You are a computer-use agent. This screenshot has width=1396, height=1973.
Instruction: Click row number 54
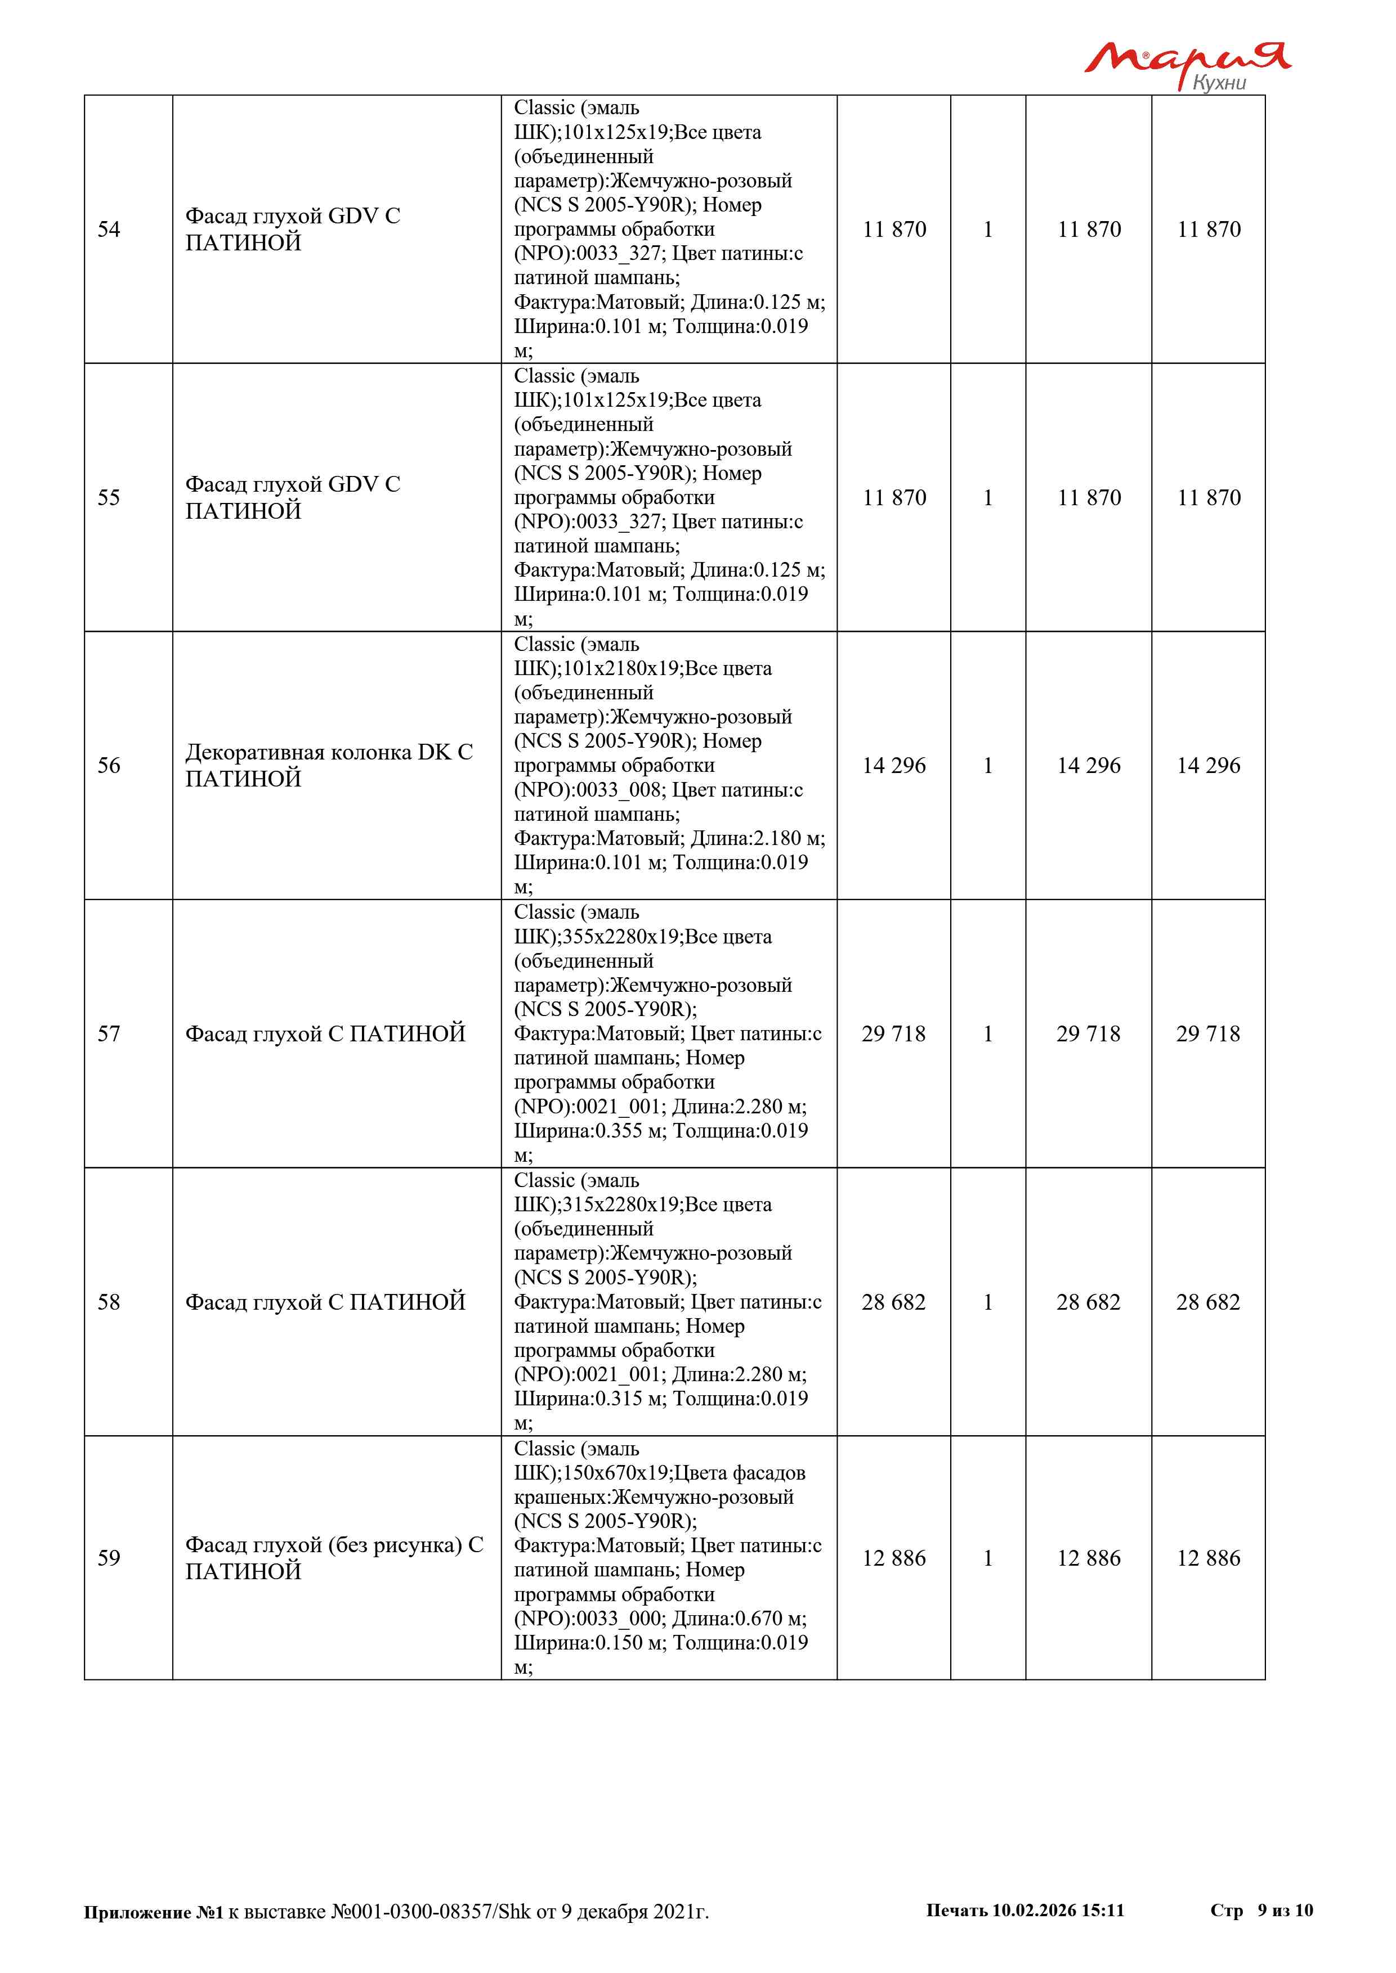pyautogui.click(x=109, y=230)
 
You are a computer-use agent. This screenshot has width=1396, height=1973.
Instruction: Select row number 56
pyautogui.click(x=109, y=766)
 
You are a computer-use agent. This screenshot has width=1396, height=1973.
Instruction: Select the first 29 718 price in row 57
pyautogui.click(x=894, y=1034)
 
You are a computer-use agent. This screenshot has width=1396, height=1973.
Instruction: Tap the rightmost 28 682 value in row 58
pyautogui.click(x=1208, y=1302)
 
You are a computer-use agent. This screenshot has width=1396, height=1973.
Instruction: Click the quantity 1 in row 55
pyautogui.click(x=988, y=497)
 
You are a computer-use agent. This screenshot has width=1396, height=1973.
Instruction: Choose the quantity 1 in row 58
pyautogui.click(x=988, y=1302)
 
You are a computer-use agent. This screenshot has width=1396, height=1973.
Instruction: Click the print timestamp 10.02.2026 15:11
pyautogui.click(x=1058, y=1910)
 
